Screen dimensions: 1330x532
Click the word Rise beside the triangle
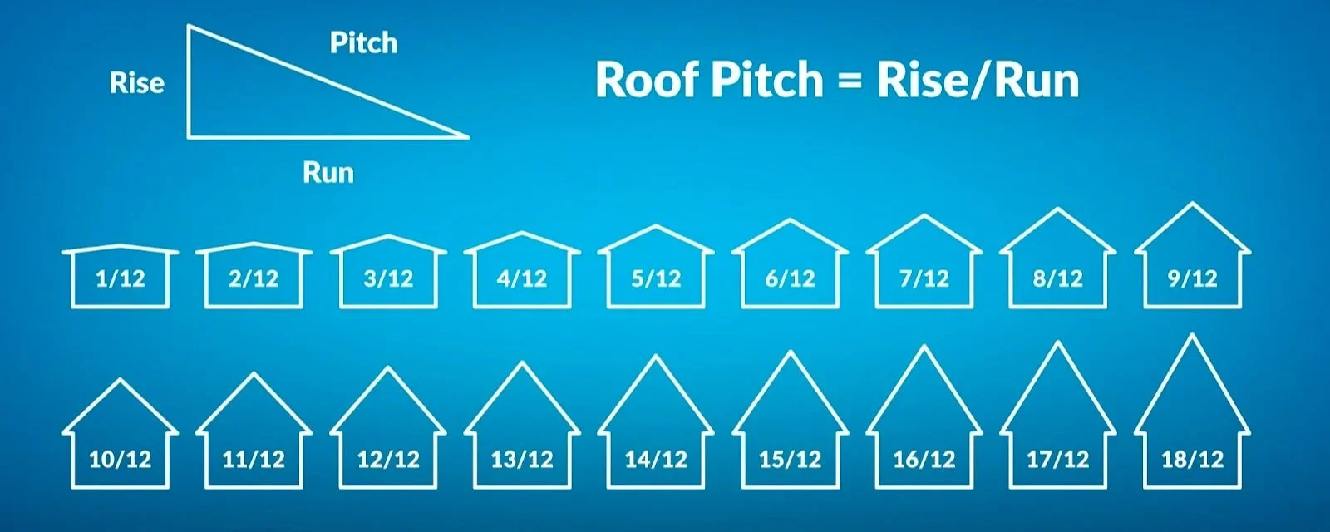137,83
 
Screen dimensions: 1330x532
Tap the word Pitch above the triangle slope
363,43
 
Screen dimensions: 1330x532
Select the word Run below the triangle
328,173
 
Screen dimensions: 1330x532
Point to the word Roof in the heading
644,81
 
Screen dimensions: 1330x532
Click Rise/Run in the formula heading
978,81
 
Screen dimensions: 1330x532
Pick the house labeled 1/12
121,278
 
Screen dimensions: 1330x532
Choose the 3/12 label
388,278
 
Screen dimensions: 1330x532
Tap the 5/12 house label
656,278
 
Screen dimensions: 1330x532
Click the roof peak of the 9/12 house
1192,204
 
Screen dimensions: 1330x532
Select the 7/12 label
924,278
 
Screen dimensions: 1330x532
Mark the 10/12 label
121,459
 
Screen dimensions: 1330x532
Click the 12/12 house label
388,459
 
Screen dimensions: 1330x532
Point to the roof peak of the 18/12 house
1192,335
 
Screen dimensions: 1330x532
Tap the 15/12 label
790,459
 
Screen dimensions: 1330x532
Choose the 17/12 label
1057,459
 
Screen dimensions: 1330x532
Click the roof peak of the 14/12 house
656,357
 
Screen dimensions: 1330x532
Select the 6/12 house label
790,278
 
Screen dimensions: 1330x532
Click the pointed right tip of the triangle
467,136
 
